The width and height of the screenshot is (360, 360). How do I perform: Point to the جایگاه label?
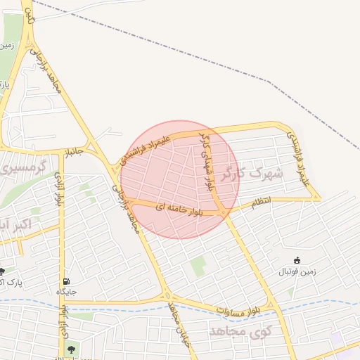[66, 290]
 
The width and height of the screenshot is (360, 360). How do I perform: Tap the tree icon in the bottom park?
[70, 347]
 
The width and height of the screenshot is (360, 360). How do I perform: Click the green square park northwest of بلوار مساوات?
[199, 266]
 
